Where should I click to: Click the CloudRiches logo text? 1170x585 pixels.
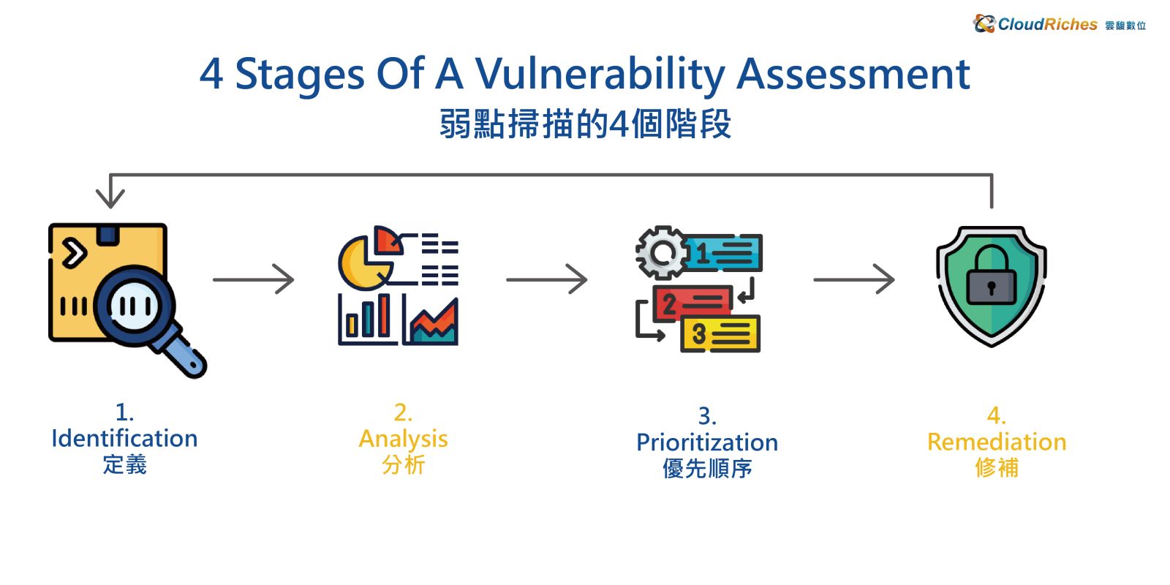pyautogui.click(x=1047, y=24)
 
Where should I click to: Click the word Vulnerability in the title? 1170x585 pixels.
pyautogui.click(x=600, y=75)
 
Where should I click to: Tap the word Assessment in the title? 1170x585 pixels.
pyautogui.click(x=853, y=74)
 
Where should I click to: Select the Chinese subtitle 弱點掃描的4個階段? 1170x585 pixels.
pyautogui.click(x=585, y=124)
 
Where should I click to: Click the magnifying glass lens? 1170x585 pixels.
pyautogui.click(x=134, y=306)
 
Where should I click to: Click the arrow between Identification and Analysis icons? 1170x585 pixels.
pyautogui.click(x=253, y=279)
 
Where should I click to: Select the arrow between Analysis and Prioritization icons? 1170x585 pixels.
pyautogui.click(x=547, y=279)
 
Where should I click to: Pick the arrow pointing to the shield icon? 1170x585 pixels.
pyautogui.click(x=854, y=279)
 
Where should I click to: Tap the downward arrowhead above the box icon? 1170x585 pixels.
pyautogui.click(x=110, y=197)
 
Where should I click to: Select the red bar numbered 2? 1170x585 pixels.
pyautogui.click(x=692, y=303)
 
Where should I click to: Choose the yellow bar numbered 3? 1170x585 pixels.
pyautogui.click(x=721, y=333)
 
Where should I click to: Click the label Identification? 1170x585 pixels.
pyautogui.click(x=124, y=439)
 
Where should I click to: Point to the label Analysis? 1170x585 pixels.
pyautogui.click(x=403, y=439)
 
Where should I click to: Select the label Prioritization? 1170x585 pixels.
pyautogui.click(x=707, y=442)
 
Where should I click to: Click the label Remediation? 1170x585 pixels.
pyautogui.click(x=997, y=442)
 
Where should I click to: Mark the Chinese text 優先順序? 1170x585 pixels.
pyautogui.click(x=707, y=468)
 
